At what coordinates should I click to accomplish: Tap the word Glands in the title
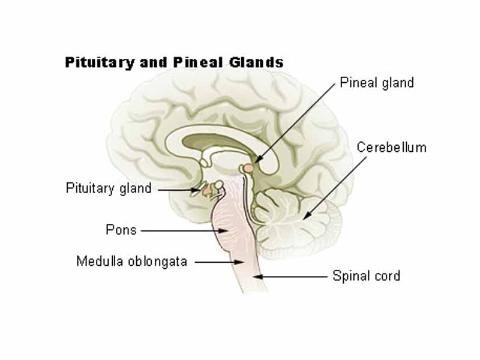click(260, 63)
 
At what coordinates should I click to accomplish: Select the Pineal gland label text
click(376, 83)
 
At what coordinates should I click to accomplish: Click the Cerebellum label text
click(391, 147)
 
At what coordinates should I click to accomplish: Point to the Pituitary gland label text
click(108, 188)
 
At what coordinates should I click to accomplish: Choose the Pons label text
click(121, 230)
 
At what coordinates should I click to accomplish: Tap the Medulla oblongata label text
click(131, 262)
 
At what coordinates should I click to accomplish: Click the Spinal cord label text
click(366, 277)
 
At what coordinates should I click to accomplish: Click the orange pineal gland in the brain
click(246, 169)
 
